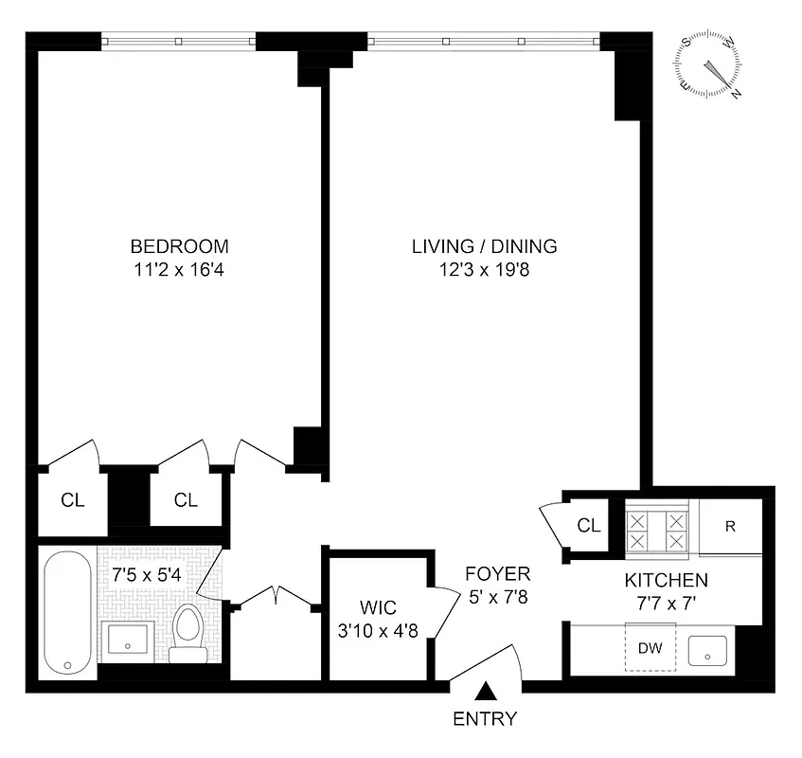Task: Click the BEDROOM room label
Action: tap(179, 246)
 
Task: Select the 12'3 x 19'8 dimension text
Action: tap(484, 269)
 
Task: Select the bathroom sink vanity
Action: tap(126, 641)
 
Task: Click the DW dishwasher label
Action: tap(650, 649)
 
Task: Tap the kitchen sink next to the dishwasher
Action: tap(707, 650)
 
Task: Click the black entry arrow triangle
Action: tap(485, 693)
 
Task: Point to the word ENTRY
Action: tap(485, 718)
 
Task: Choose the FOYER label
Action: tap(497, 574)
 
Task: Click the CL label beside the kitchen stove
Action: tap(589, 526)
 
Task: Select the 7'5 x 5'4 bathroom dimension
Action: tap(140, 574)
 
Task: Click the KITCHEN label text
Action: tap(665, 580)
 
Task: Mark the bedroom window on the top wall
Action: tap(179, 41)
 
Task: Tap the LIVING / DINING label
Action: tap(484, 246)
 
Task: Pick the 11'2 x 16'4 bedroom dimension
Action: tap(179, 269)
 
